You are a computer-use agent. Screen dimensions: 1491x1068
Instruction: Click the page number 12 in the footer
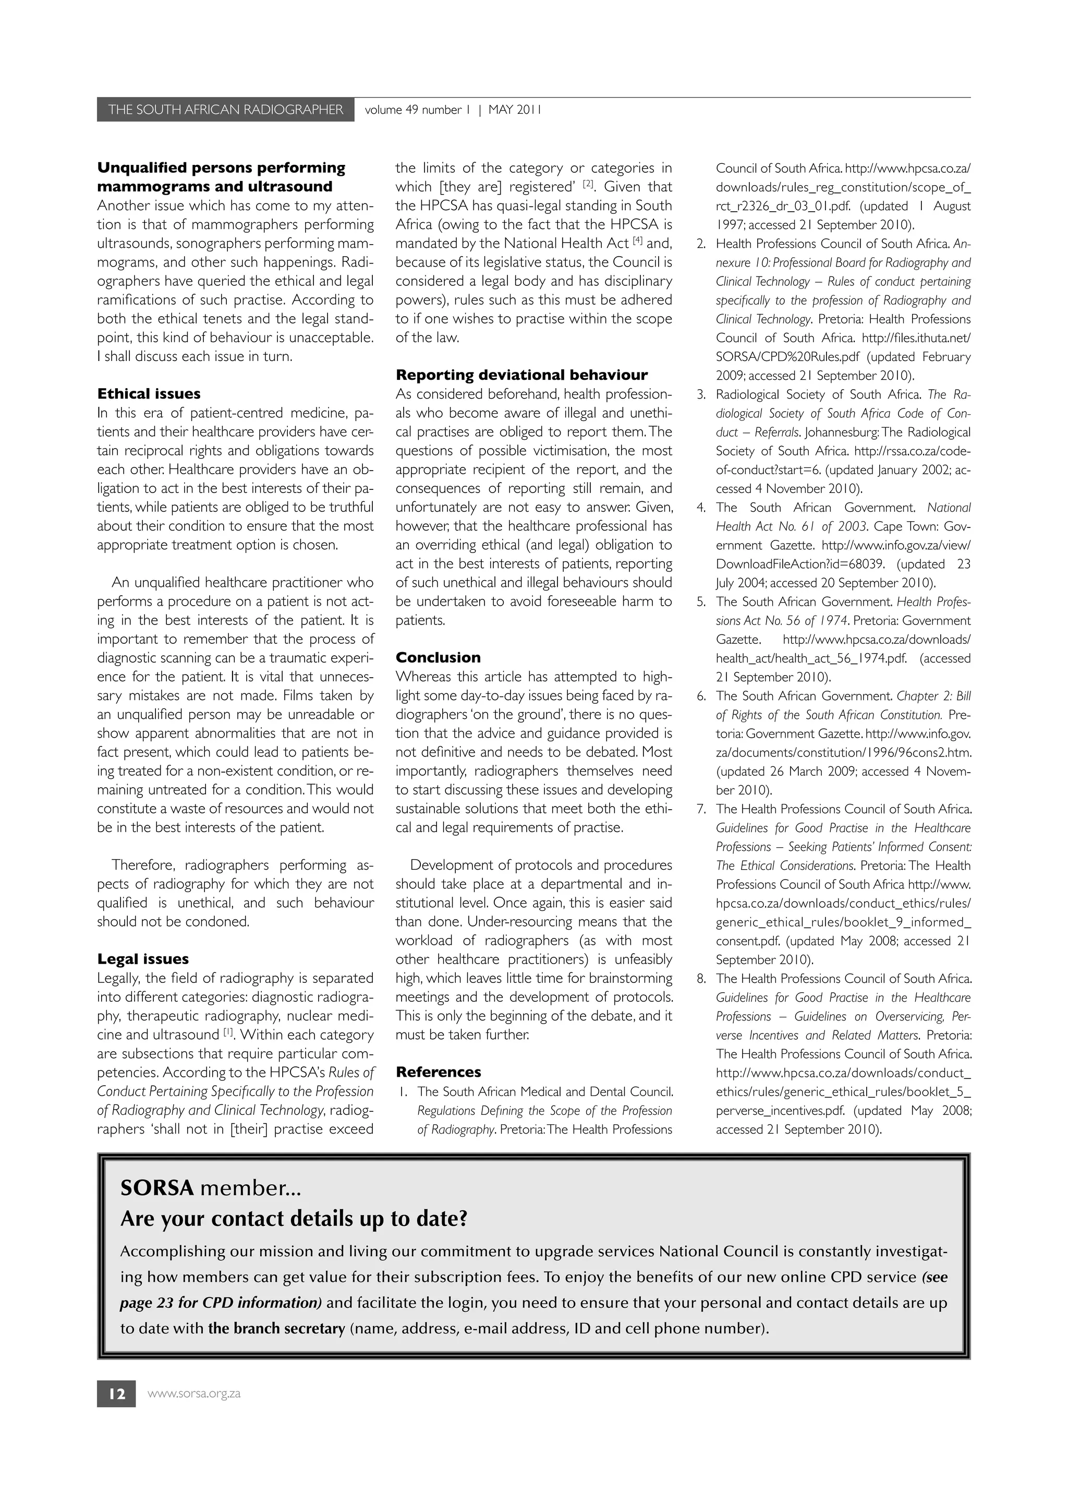coord(116,1393)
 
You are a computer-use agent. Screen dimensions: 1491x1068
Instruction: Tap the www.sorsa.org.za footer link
coord(194,1393)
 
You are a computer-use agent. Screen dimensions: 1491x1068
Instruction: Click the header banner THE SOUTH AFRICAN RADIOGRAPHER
coord(225,110)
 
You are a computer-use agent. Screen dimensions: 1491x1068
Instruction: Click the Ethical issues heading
coord(149,394)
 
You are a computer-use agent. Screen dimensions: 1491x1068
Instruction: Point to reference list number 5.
coord(701,602)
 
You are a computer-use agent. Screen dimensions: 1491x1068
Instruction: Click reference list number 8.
coord(701,978)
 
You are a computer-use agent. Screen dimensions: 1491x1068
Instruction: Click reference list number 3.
coord(701,394)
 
